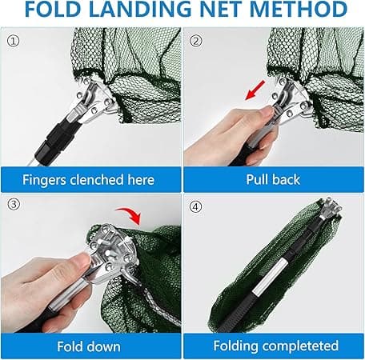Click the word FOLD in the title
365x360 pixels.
53,9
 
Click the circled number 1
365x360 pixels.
13,42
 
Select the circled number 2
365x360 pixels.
196,41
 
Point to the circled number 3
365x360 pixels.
14,204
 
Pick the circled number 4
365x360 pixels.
196,206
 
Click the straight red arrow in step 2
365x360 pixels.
255,90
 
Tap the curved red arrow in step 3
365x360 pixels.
130,215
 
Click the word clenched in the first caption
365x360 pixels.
97,180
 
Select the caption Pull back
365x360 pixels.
273,179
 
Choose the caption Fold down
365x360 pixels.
89,346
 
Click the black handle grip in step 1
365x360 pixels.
57,140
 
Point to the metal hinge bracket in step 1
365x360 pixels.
95,102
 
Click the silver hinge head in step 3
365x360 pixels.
112,250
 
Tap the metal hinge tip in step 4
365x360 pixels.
331,208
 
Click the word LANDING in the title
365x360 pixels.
140,9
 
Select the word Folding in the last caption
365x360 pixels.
235,346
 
